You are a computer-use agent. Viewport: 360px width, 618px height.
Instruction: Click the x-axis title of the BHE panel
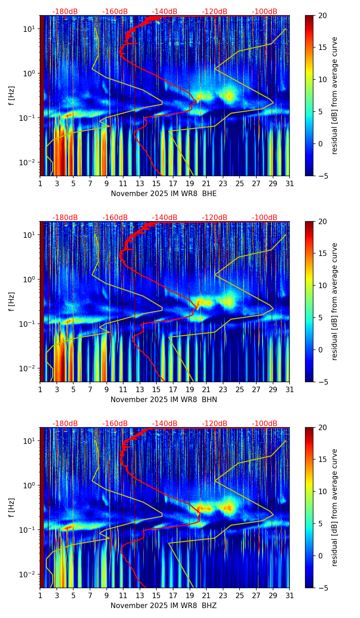pos(164,194)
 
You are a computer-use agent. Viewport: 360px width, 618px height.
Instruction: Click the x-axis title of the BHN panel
pos(164,400)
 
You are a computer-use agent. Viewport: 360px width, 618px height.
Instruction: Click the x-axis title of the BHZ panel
pos(164,606)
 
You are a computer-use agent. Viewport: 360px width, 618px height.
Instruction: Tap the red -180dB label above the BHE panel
pos(65,12)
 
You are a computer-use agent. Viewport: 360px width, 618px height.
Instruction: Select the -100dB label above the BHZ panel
pos(265,424)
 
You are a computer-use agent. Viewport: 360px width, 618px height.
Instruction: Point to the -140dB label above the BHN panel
pos(165,218)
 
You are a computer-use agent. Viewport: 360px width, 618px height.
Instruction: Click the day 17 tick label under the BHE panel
pos(173,183)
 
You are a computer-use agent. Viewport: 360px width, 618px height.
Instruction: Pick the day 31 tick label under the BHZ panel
pos(290,595)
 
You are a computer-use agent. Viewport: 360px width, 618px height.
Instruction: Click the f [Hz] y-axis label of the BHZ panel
pos(12,508)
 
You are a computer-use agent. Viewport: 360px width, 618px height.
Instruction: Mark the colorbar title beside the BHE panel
pos(334,96)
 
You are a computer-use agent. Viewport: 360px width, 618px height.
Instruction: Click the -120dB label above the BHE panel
pos(215,12)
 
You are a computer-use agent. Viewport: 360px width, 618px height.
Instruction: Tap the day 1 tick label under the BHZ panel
pos(40,595)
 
